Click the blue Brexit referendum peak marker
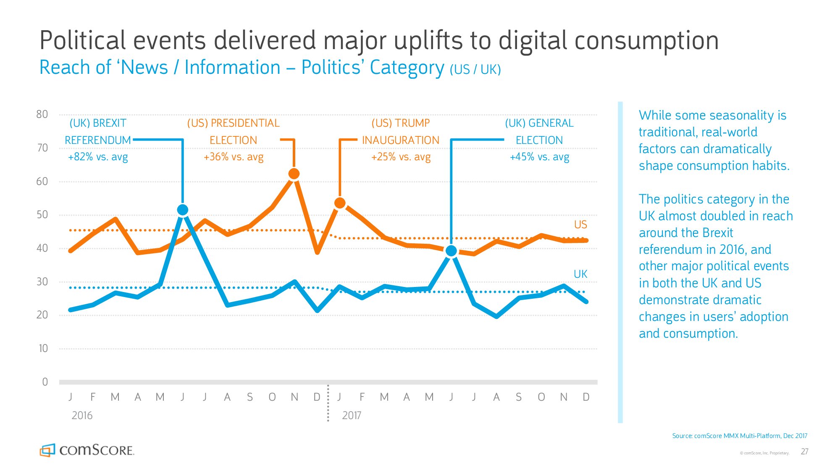point(183,210)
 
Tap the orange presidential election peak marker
point(294,174)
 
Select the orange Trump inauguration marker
point(340,203)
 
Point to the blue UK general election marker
point(451,251)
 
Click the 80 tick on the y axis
point(42,114)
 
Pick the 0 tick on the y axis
point(45,382)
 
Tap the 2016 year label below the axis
point(82,415)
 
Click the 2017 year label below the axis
point(352,415)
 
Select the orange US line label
point(580,224)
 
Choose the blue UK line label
point(580,274)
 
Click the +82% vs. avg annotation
point(98,157)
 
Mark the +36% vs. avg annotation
point(234,157)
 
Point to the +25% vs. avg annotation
point(401,157)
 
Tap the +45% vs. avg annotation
point(539,157)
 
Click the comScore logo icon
point(47,450)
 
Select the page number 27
point(804,451)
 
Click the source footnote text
point(740,436)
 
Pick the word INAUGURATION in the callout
point(401,140)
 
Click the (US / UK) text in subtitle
point(475,70)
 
